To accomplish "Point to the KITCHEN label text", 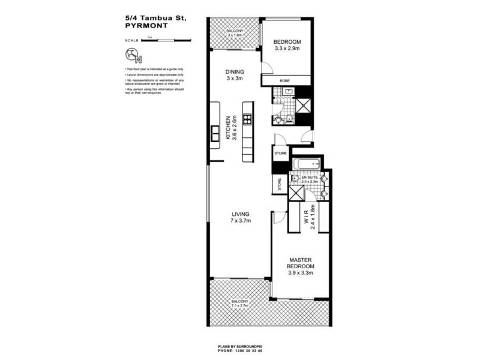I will click(228, 127).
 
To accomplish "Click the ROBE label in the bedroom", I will click(286, 81).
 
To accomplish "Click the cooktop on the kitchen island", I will click(247, 111).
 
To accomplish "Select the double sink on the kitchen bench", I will click(214, 134).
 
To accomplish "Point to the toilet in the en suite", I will click(295, 178).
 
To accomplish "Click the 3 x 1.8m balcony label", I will click(234, 33).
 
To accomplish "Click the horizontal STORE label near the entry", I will click(281, 153).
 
